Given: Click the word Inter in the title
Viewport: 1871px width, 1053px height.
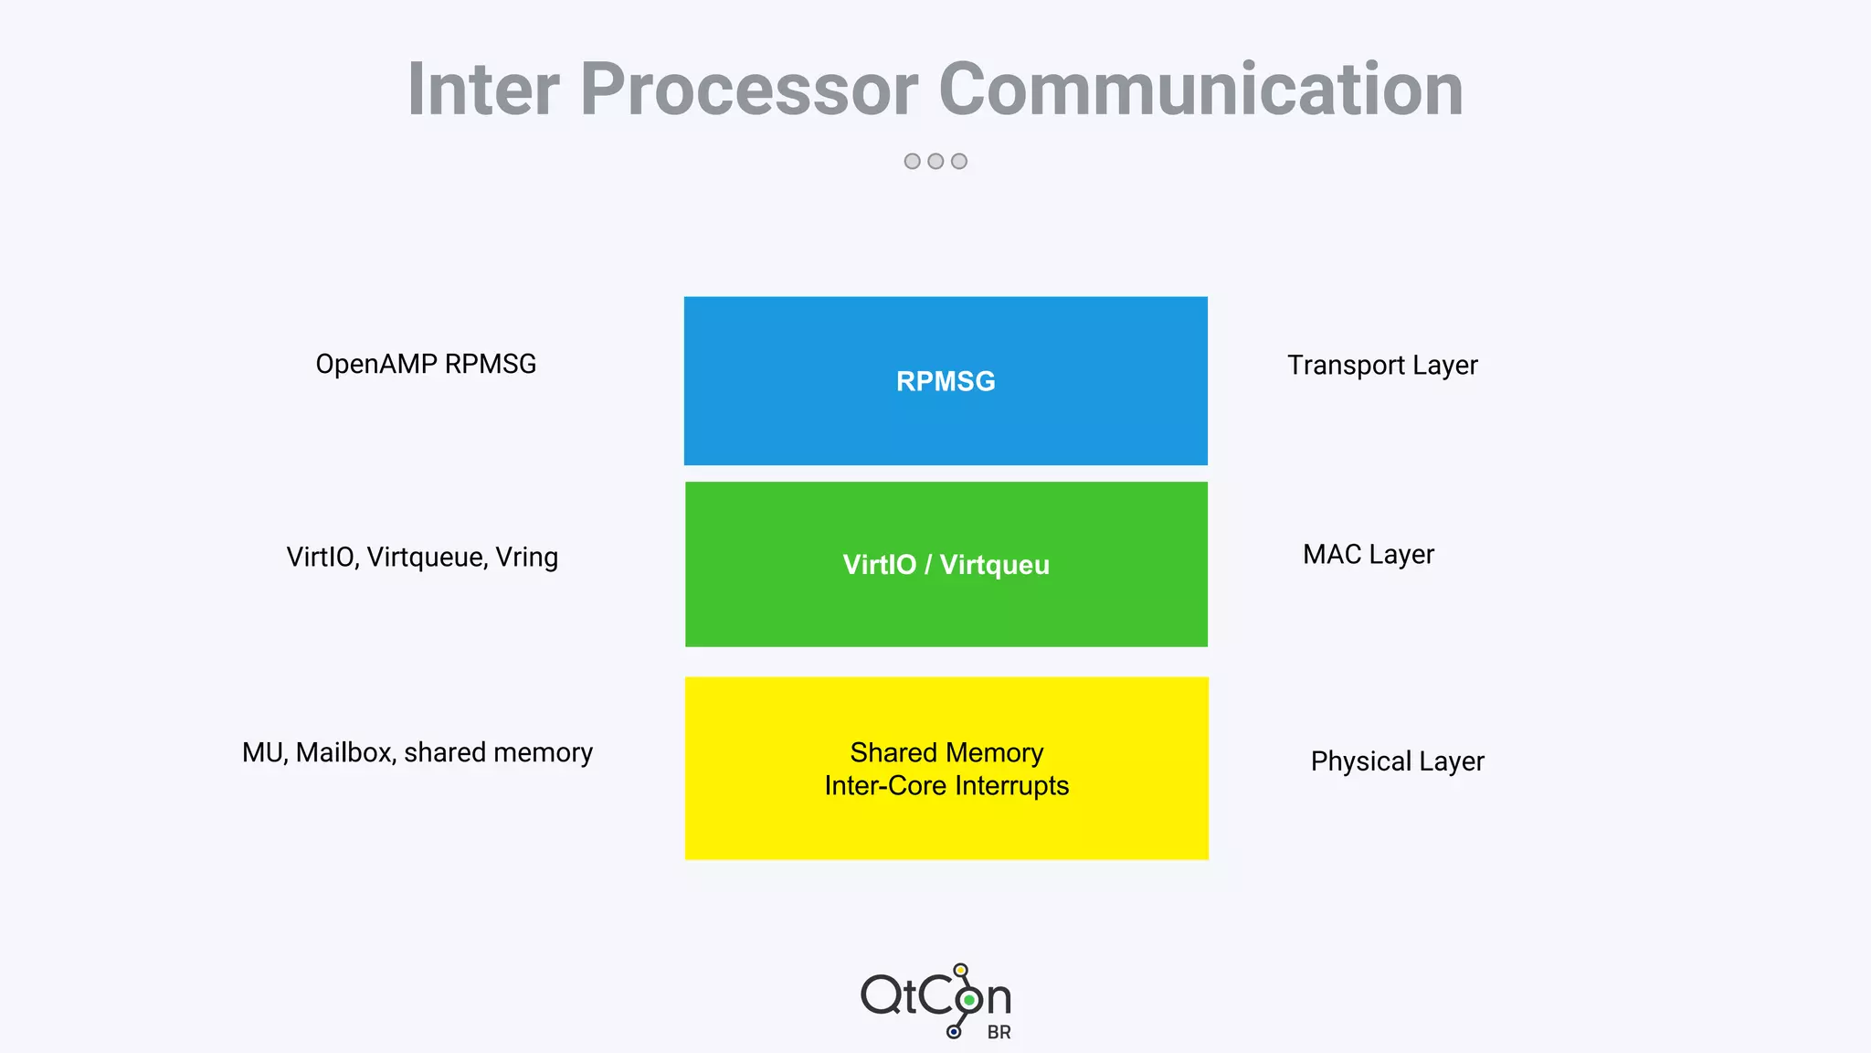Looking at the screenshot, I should [482, 90].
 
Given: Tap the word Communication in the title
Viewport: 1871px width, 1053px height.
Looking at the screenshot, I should [1200, 90].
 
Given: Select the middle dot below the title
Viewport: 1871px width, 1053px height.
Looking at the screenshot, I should [935, 161].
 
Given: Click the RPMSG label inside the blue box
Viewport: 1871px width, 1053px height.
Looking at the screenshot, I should [946, 381].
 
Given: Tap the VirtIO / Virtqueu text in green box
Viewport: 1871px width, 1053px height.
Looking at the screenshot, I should [946, 565].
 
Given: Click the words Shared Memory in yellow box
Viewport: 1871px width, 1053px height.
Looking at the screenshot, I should [946, 752].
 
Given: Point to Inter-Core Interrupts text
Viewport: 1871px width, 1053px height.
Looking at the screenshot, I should [946, 786].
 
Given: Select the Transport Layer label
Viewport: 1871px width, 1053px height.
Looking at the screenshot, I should [1382, 365].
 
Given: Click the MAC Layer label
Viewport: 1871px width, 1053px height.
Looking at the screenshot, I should [1369, 554].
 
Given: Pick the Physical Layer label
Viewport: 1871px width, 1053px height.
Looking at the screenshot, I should [1397, 761].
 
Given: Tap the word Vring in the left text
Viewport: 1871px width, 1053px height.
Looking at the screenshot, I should [527, 557].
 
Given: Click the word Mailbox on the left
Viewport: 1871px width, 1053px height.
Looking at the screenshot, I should [344, 752].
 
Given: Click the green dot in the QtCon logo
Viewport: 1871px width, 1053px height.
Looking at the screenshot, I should [969, 1000].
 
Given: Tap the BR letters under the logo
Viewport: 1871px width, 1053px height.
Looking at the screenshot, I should [999, 1032].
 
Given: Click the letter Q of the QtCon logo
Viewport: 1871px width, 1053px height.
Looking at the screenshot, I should [882, 994].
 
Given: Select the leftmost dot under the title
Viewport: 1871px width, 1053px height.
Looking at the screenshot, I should [912, 161].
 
